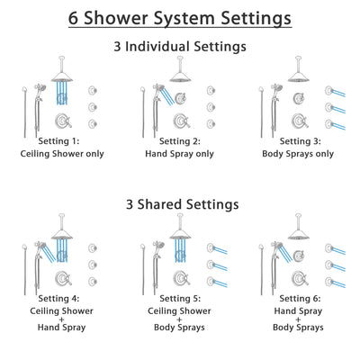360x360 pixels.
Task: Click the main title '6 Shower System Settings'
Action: click(x=180, y=17)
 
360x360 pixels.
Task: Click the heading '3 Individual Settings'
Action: click(x=180, y=46)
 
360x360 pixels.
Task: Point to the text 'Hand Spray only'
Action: click(x=180, y=153)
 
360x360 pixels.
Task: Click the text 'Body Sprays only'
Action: click(x=297, y=153)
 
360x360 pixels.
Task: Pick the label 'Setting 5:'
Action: click(x=180, y=299)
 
